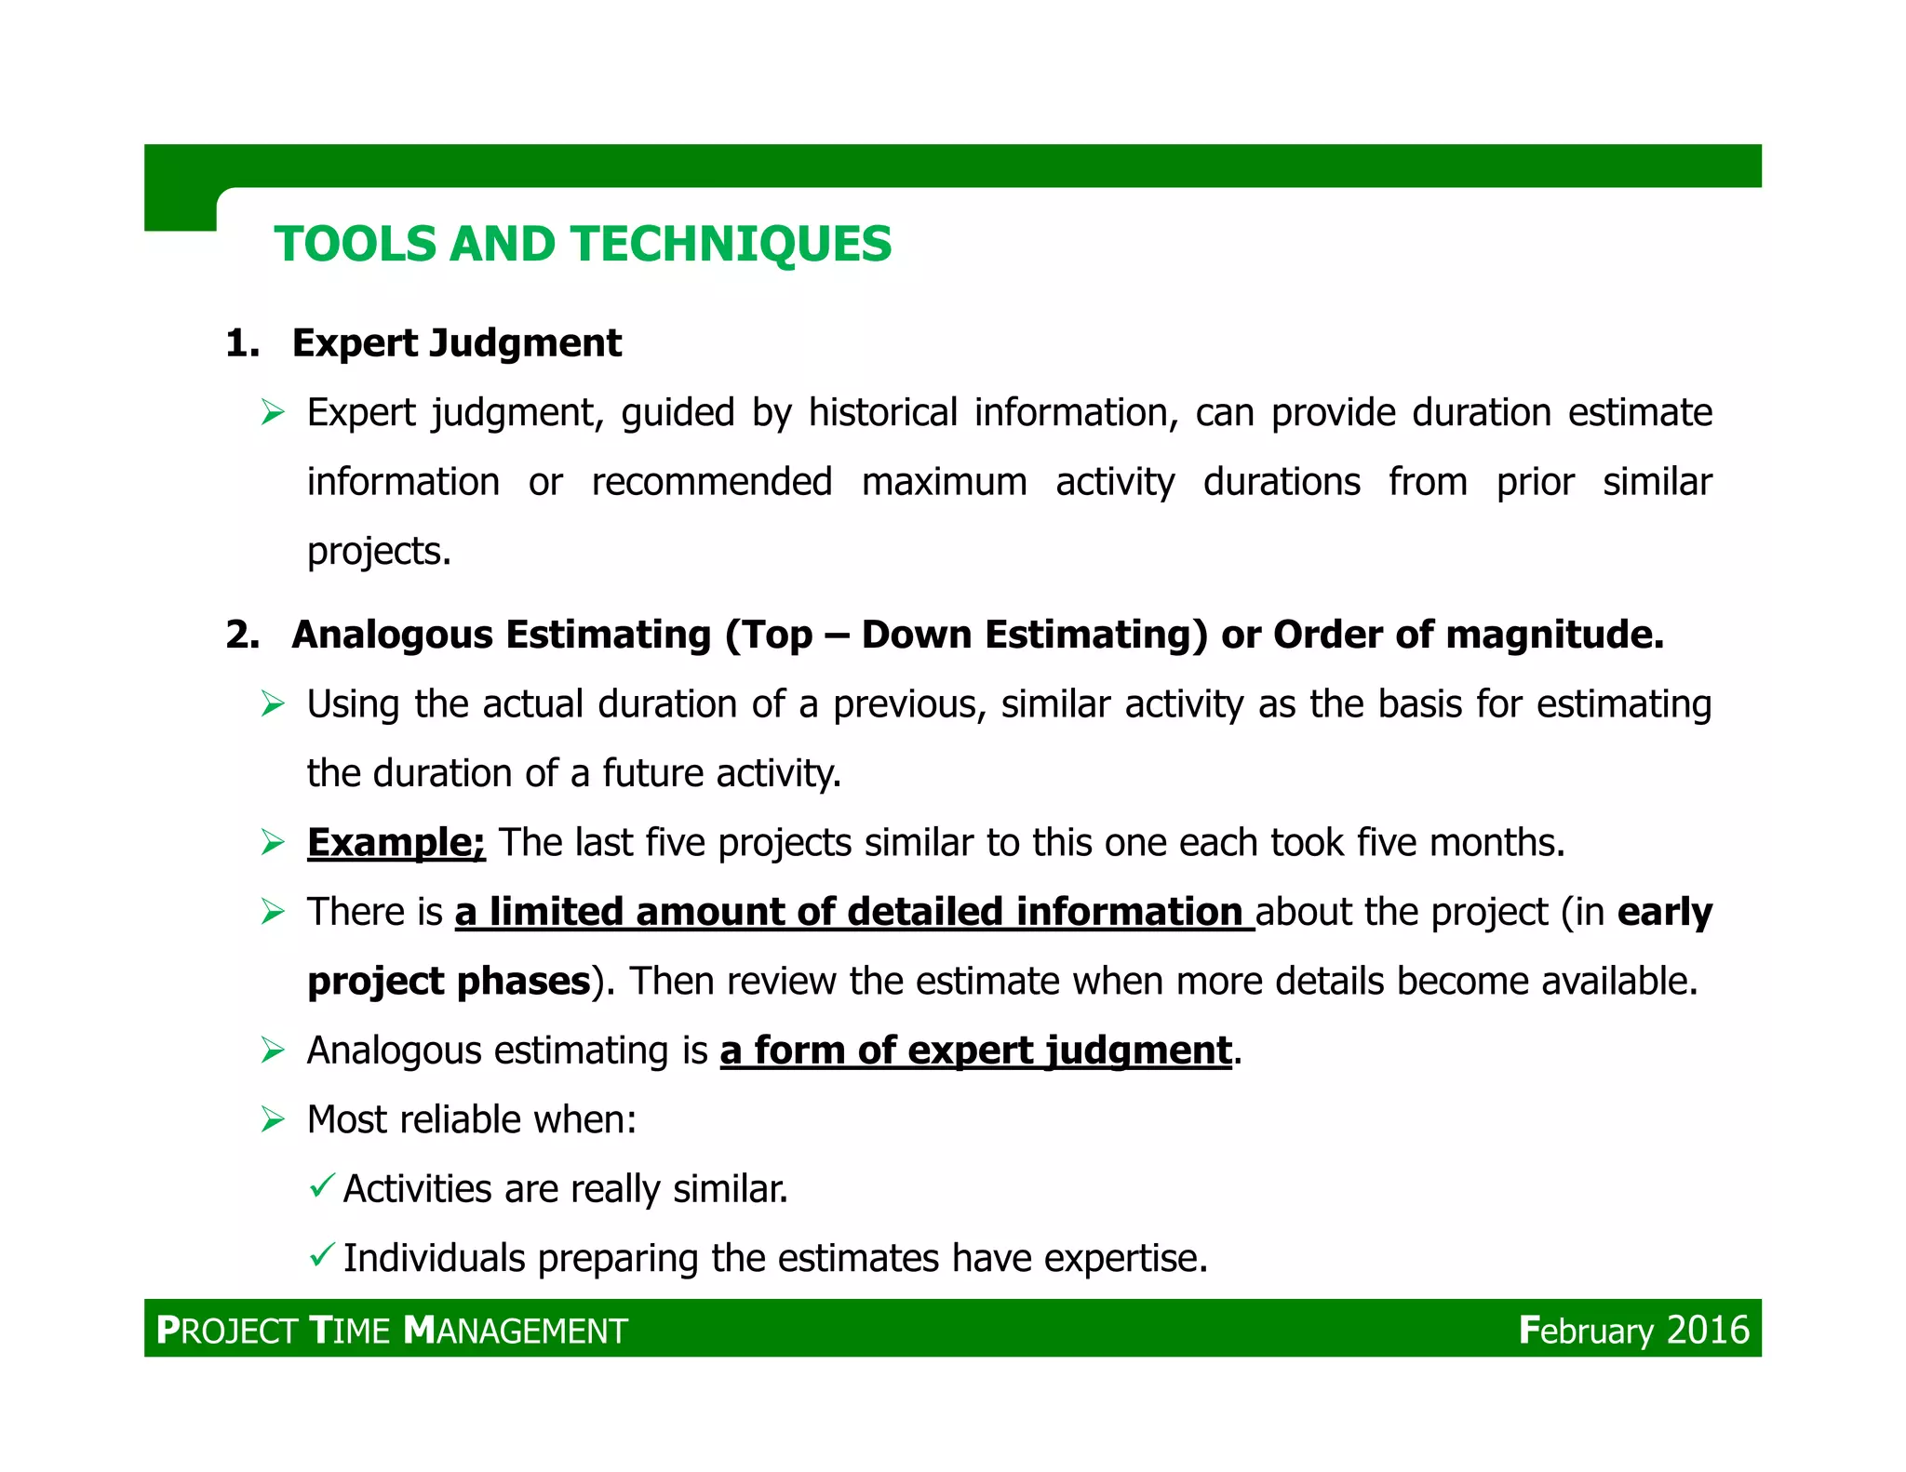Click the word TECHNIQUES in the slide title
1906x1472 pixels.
click(x=732, y=245)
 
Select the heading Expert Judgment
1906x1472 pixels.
click(x=456, y=343)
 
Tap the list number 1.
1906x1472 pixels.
click(x=241, y=344)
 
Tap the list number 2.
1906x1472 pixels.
click(x=241, y=636)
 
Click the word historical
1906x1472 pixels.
click(x=882, y=413)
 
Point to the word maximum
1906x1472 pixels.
click(x=944, y=483)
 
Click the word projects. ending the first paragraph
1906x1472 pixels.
click(x=379, y=552)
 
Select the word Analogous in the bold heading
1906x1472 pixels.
click(x=392, y=636)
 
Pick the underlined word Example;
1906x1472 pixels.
click(x=396, y=843)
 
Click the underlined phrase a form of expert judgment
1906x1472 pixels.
click(x=975, y=1051)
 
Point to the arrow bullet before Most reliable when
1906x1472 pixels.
click(x=273, y=1119)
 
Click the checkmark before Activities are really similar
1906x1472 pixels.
click(x=321, y=1186)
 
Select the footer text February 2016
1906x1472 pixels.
click(x=1633, y=1331)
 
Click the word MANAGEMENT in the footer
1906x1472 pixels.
click(x=517, y=1331)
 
